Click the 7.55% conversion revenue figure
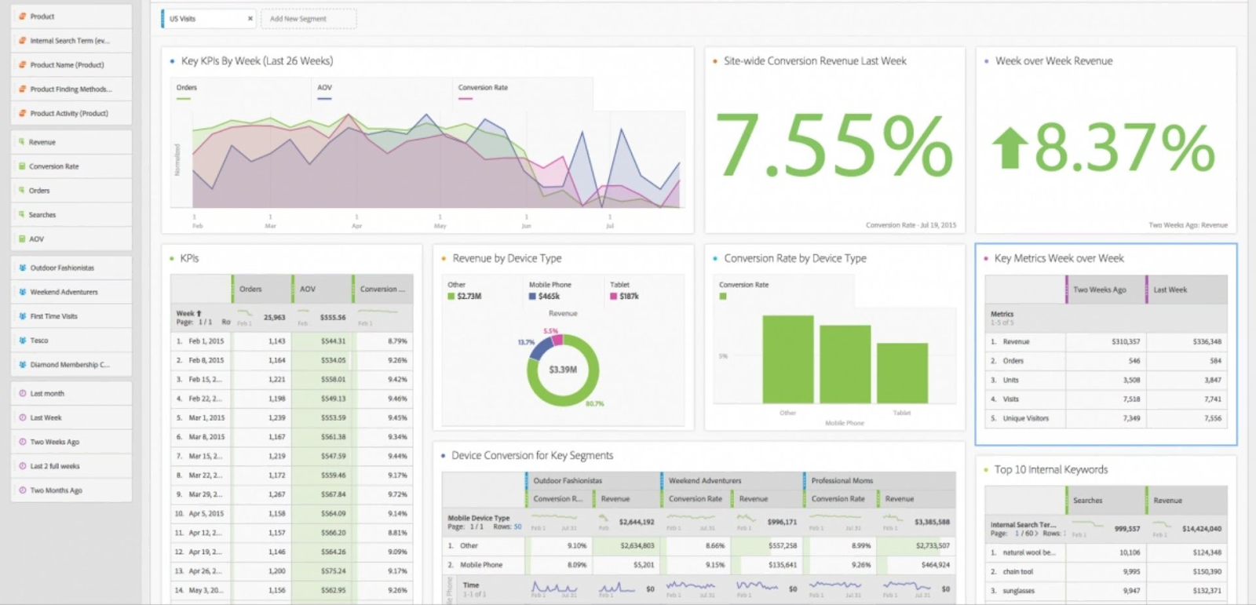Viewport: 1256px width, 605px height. coord(834,146)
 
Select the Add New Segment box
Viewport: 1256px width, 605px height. coord(308,19)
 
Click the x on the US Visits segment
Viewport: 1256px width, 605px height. coord(250,19)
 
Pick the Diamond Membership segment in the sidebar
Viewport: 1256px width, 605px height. coord(69,365)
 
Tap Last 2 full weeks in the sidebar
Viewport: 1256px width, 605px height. coord(54,466)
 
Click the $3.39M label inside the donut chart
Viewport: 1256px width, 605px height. coord(563,370)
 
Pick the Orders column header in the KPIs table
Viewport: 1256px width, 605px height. coord(250,289)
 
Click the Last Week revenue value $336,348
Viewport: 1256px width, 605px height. coord(1207,342)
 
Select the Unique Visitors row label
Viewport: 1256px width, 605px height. coord(1025,418)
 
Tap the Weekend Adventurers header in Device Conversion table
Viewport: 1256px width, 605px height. coord(704,480)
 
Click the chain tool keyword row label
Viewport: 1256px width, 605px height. coord(1017,571)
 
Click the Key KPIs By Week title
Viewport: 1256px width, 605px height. coord(257,61)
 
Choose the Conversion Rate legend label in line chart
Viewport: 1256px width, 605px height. coord(482,88)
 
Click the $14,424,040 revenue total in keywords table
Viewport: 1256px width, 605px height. coord(1201,529)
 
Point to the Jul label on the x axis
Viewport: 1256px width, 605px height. coord(610,226)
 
